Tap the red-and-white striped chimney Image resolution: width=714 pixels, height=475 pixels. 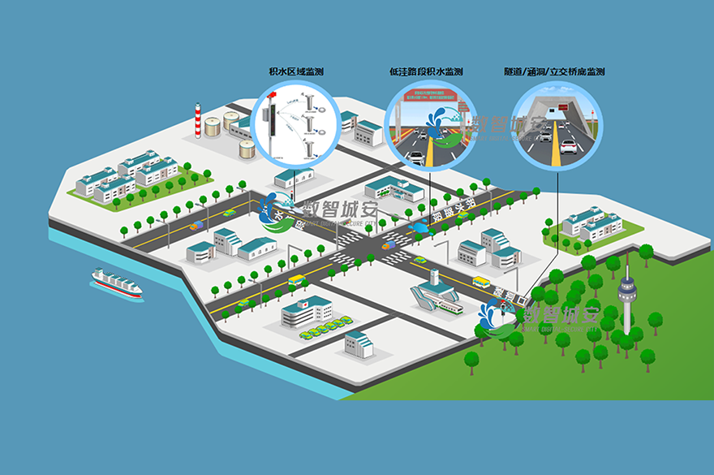point(197,122)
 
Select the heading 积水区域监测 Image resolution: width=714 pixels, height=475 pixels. point(296,72)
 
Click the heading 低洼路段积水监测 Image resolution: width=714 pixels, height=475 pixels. point(426,72)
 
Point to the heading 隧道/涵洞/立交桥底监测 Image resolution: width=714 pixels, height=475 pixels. point(554,72)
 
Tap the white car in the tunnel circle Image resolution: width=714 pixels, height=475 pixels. point(569,146)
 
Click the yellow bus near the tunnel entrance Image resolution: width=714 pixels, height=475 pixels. point(481,283)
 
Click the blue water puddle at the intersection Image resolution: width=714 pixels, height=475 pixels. point(421,230)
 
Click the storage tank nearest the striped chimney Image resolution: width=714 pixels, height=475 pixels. point(213,127)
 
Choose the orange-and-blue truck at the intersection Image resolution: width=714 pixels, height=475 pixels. point(390,243)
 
